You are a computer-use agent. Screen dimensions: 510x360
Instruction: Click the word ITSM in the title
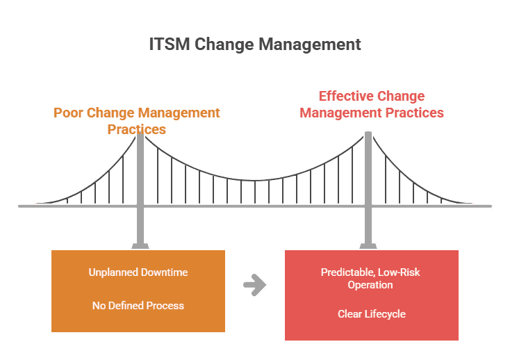click(170, 44)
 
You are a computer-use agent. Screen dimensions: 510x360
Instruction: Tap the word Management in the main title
click(310, 44)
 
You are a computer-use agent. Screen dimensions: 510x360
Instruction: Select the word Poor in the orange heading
click(67, 113)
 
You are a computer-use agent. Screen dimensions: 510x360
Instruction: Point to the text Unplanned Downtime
click(138, 272)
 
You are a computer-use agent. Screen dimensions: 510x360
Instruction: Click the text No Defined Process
click(138, 306)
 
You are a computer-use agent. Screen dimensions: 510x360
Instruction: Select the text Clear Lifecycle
click(372, 314)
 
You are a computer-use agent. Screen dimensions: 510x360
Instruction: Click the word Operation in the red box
click(370, 285)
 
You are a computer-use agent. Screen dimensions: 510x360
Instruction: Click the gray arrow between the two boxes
click(255, 285)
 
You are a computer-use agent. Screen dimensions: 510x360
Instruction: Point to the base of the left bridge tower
click(140, 246)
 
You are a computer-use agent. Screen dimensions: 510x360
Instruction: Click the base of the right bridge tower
click(368, 246)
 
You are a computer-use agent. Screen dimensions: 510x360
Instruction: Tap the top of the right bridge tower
click(368, 133)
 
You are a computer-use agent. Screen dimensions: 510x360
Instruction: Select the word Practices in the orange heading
click(137, 129)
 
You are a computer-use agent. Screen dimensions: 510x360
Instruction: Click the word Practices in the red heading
click(414, 113)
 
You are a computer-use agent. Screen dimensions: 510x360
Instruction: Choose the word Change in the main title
click(224, 44)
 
